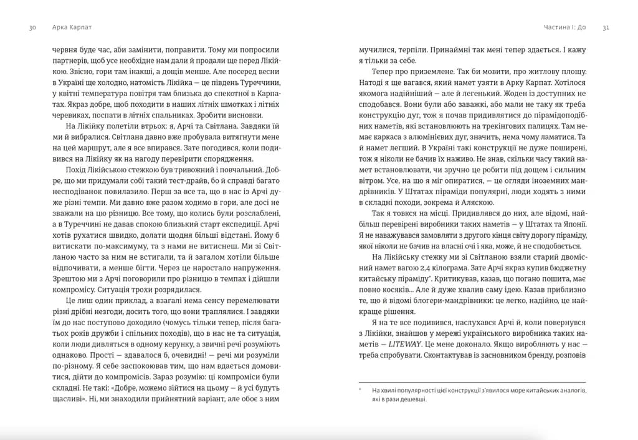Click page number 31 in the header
(606, 28)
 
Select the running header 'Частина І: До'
(565, 28)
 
